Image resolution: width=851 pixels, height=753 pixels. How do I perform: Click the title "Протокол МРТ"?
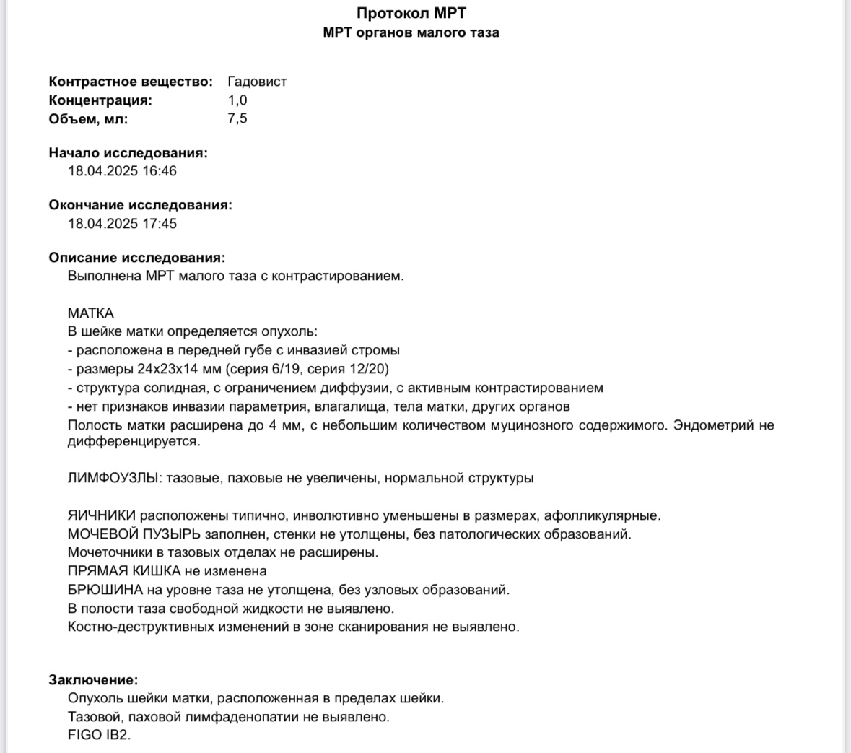click(411, 13)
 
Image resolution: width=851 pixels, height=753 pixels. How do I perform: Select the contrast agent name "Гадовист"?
click(257, 82)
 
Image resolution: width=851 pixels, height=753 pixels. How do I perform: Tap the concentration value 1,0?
click(237, 100)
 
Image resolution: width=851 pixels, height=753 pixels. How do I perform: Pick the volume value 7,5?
click(237, 118)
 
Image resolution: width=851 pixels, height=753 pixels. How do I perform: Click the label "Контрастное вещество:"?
click(131, 82)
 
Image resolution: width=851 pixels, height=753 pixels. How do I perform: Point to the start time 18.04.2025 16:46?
click(122, 171)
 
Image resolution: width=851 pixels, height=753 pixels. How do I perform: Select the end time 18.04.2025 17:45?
click(122, 224)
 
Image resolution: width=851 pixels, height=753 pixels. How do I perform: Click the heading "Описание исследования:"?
click(137, 258)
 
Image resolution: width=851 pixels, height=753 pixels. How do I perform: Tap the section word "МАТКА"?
click(91, 313)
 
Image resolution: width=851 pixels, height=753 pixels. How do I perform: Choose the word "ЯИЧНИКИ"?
click(102, 515)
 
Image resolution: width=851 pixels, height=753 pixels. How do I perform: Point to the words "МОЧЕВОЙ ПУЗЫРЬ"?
click(134, 534)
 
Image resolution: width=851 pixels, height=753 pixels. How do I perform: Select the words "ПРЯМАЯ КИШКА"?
click(124, 571)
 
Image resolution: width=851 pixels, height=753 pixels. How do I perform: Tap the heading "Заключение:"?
click(93, 679)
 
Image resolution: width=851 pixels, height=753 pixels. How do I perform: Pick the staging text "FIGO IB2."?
click(100, 736)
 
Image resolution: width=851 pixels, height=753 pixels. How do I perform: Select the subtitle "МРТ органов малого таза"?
click(411, 32)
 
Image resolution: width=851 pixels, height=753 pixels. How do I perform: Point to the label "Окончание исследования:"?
click(141, 205)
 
